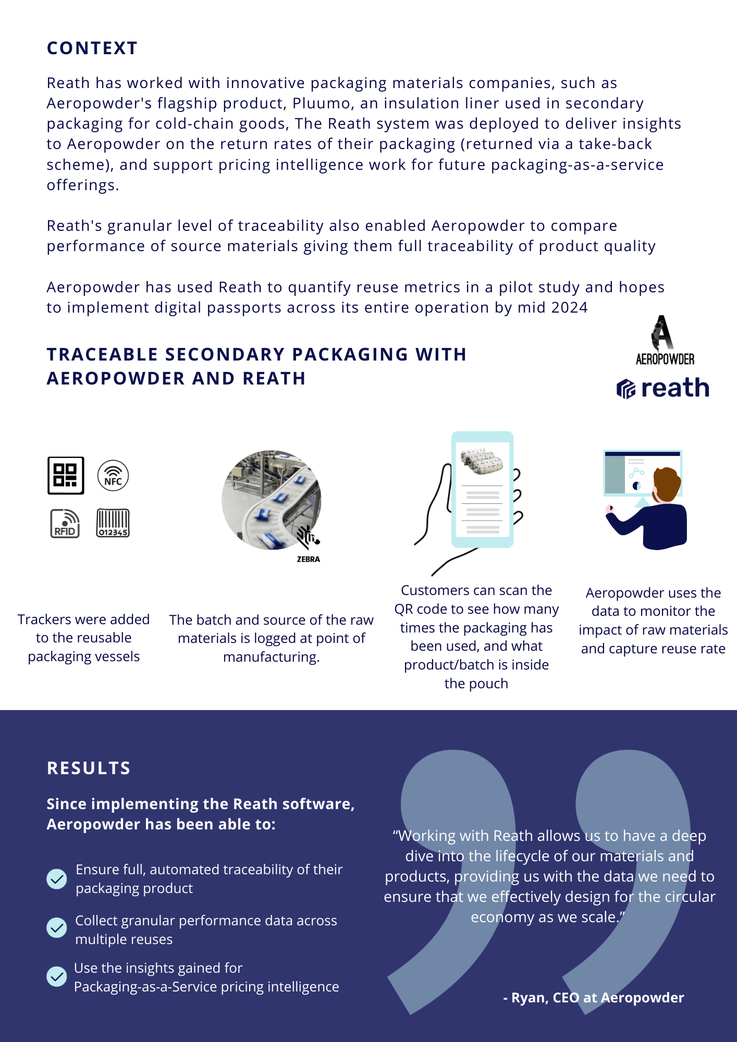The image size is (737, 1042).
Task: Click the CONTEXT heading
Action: click(92, 48)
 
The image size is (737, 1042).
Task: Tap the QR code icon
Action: click(66, 475)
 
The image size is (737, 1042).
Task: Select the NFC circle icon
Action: click(113, 476)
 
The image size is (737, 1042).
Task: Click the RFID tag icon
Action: click(65, 523)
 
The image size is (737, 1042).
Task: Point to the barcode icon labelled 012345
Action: click(113, 523)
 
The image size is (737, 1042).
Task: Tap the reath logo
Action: click(663, 389)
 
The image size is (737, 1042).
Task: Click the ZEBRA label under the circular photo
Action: click(309, 559)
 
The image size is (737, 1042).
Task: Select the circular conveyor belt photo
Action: click(271, 500)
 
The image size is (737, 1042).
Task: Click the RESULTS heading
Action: click(89, 768)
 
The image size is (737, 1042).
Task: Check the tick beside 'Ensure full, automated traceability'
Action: click(57, 879)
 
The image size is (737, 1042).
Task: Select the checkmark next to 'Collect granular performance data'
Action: click(57, 927)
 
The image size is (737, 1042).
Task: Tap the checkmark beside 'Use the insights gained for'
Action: click(57, 976)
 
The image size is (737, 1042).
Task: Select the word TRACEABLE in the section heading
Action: click(102, 355)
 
